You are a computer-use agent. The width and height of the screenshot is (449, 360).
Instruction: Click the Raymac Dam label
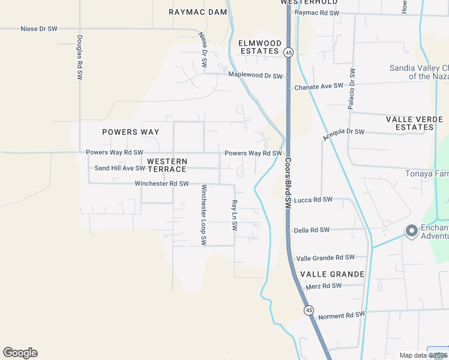(197, 12)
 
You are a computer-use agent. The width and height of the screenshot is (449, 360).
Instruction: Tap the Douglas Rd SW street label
(79, 58)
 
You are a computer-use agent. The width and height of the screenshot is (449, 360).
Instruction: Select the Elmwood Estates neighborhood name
(260, 47)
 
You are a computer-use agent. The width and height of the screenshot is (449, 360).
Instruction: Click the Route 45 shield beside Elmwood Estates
(289, 53)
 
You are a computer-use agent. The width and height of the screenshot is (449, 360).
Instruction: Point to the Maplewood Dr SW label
(255, 75)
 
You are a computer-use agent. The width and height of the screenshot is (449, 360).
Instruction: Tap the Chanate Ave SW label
(319, 86)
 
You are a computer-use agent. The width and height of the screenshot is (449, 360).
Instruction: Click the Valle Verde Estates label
(414, 123)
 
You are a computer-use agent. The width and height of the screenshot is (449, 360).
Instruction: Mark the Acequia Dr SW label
(343, 135)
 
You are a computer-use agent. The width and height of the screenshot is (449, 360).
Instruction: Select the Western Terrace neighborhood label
(167, 165)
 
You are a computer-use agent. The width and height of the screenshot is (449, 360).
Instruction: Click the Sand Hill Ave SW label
(119, 168)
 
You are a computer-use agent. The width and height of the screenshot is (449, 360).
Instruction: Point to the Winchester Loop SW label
(204, 215)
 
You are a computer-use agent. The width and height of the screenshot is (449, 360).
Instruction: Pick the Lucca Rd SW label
(313, 199)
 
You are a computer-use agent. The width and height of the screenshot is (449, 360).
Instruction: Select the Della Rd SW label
(312, 230)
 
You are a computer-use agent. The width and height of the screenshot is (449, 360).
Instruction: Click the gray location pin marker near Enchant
(411, 230)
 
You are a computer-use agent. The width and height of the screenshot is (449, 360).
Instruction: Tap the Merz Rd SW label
(324, 286)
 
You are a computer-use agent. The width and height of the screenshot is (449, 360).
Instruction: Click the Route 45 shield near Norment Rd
(309, 310)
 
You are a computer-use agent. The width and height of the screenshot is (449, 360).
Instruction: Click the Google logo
(20, 353)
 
